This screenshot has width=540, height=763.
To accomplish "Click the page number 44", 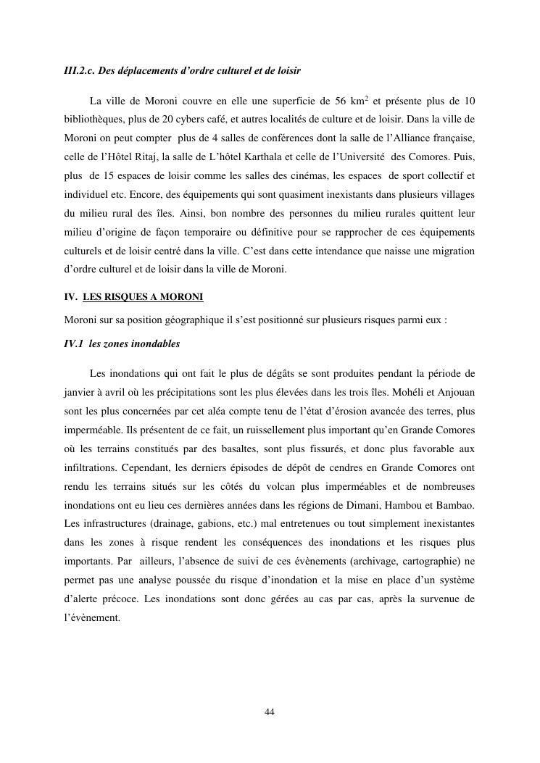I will tap(270, 712).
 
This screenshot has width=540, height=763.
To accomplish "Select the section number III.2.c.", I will tap(79, 71).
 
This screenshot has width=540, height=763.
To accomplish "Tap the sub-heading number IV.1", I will tap(73, 344).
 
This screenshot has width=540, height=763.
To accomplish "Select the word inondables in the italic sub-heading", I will tap(155, 344).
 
